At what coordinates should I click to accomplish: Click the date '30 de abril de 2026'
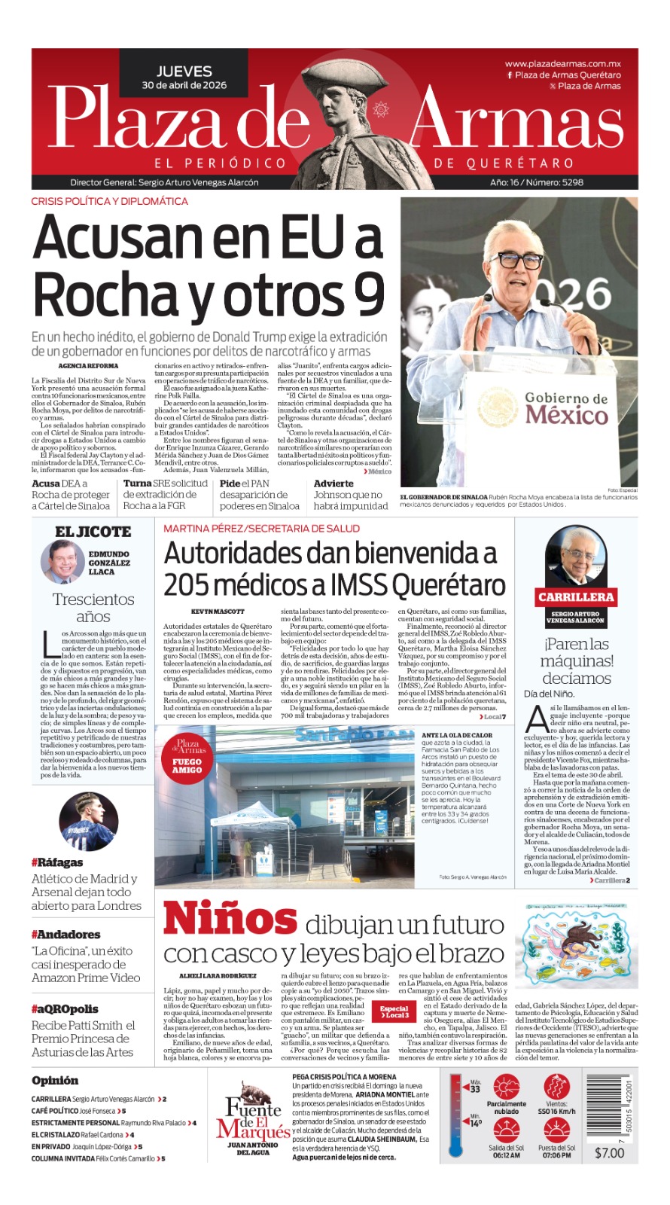[184, 85]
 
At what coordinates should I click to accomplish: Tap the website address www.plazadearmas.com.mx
[563, 64]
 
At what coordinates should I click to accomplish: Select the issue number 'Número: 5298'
[556, 182]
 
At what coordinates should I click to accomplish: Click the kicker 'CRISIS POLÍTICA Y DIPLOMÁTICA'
[110, 201]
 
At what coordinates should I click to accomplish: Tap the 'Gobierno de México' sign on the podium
[566, 407]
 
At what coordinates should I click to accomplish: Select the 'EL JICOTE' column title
[93, 532]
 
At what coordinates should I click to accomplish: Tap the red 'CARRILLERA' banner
[576, 596]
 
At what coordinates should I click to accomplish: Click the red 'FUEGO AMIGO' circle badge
[187, 756]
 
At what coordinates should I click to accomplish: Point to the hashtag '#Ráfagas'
[57, 862]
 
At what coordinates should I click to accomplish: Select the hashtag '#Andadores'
[65, 935]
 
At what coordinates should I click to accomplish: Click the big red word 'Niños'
[230, 920]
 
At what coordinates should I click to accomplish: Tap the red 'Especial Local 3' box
[394, 1011]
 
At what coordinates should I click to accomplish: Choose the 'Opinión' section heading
[55, 1080]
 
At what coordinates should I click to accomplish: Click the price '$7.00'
[609, 1152]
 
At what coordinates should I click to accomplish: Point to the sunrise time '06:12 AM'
[506, 1155]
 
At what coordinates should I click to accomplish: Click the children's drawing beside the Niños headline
[577, 944]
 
